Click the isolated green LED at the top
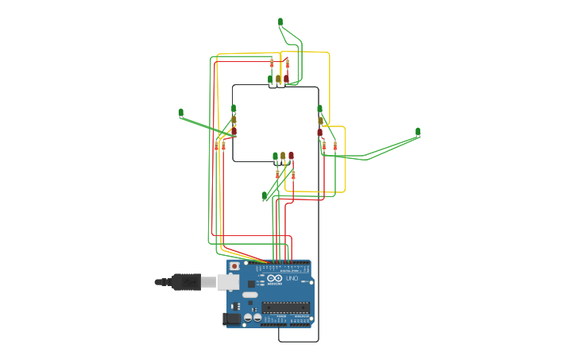[280, 21]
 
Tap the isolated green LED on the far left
[181, 113]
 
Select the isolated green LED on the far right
[418, 132]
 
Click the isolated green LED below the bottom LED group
[265, 195]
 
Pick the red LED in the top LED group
[287, 79]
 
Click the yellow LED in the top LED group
[278, 79]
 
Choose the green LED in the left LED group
[234, 108]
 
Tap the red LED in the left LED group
[234, 130]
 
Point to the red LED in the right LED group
[320, 132]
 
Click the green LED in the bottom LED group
[276, 156]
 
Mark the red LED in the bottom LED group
[291, 156]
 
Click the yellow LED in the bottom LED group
[283, 156]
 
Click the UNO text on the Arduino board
[292, 278]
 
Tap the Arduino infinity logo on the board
[275, 278]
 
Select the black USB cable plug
[185, 281]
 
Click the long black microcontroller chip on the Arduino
[285, 307]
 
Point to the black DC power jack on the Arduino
[231, 319]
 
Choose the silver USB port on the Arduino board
[228, 281]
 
